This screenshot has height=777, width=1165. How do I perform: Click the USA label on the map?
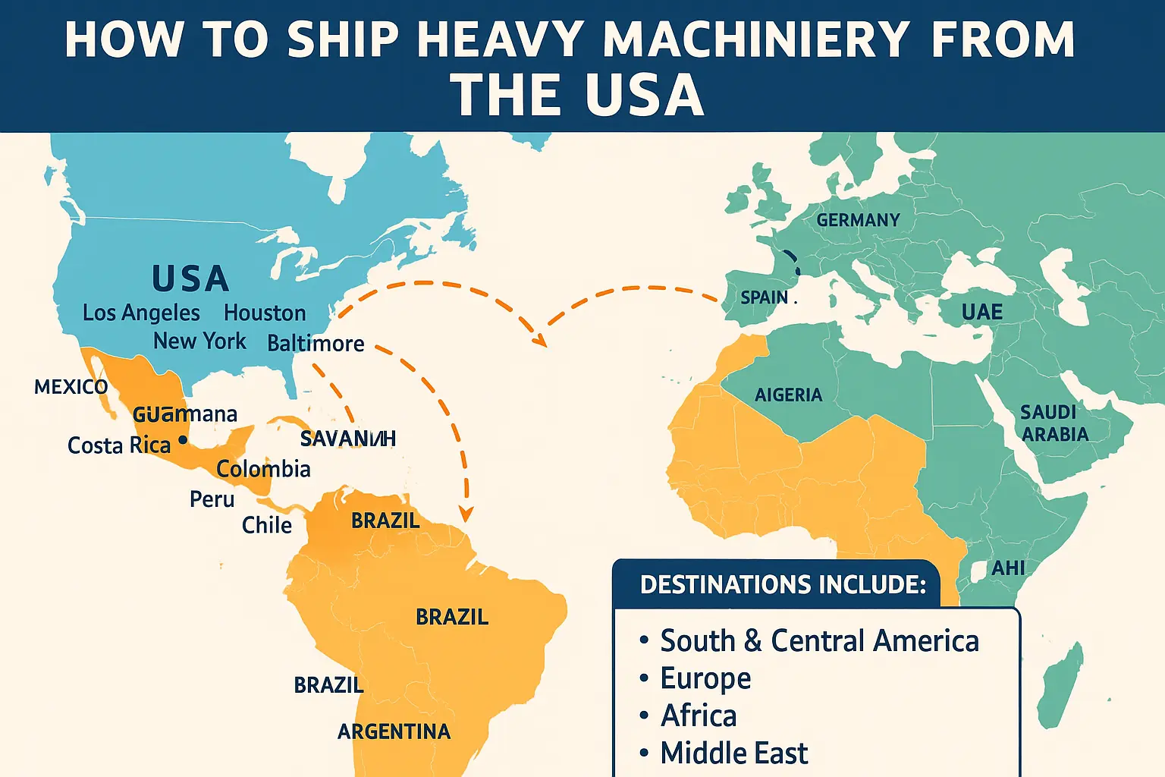click(190, 279)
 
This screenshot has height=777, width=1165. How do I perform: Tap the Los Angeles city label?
click(141, 313)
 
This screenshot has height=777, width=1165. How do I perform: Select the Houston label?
click(265, 313)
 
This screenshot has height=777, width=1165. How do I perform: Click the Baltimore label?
click(316, 344)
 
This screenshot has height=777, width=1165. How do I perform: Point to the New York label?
click(199, 341)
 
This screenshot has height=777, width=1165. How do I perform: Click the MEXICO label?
click(71, 387)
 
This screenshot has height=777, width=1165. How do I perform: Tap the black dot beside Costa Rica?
click(182, 439)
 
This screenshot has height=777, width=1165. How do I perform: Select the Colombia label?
click(263, 469)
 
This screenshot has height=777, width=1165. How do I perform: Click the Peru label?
click(212, 499)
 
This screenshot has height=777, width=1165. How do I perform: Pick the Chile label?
click(266, 525)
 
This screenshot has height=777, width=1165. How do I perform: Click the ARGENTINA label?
click(394, 731)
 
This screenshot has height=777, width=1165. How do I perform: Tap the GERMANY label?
click(858, 220)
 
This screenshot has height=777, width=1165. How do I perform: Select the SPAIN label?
click(764, 297)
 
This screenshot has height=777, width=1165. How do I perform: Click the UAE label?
click(981, 313)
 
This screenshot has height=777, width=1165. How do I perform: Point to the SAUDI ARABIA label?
click(1054, 423)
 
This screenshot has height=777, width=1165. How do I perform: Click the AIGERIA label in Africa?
click(788, 395)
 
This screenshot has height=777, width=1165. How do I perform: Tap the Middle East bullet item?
click(733, 753)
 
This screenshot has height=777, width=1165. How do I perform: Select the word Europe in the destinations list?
click(705, 678)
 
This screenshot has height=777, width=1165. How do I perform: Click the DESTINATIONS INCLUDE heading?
click(783, 584)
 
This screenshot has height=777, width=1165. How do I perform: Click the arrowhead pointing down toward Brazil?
click(466, 514)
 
